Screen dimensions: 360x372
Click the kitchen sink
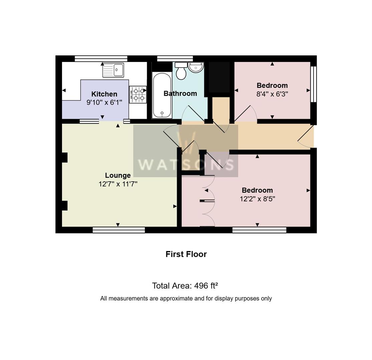(113, 70)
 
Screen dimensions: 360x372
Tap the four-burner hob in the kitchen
(138, 94)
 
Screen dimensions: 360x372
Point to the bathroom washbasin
(196, 67)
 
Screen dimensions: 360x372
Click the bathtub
(162, 96)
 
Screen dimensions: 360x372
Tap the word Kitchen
(104, 94)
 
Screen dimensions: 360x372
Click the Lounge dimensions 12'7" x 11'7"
(118, 184)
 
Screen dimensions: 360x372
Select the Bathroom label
(180, 94)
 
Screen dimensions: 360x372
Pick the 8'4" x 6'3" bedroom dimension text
(272, 94)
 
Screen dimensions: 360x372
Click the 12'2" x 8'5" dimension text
(257, 199)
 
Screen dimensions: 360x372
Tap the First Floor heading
(186, 254)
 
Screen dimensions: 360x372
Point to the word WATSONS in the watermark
(186, 164)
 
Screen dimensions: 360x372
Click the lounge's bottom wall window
(118, 230)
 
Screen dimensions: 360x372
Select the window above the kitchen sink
(101, 59)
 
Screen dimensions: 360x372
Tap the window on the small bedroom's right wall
(313, 84)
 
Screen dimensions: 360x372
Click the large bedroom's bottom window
(259, 230)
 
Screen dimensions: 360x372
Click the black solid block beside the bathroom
(219, 77)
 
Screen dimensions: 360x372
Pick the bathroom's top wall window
(175, 59)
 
